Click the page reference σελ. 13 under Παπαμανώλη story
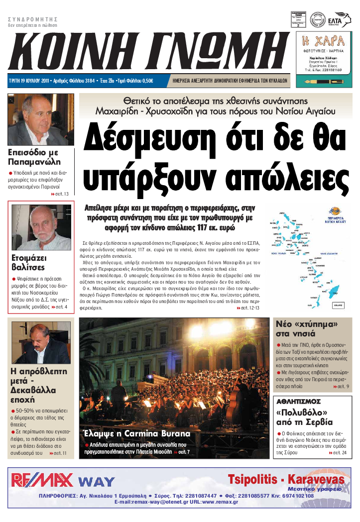(60, 194)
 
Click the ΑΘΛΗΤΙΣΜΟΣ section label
(299, 401)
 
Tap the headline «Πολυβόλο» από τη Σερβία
(304, 417)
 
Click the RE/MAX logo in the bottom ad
(42, 479)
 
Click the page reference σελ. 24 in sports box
(338, 453)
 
